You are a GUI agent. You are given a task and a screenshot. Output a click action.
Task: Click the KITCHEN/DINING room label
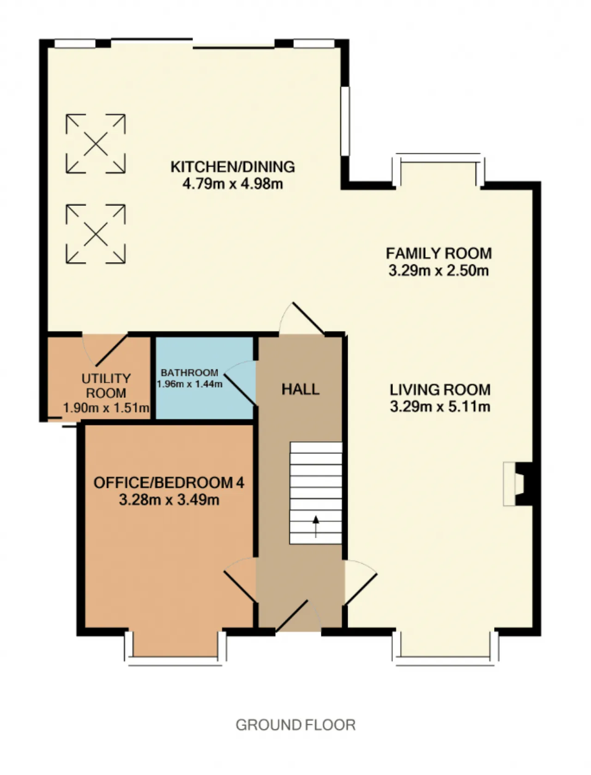[x=233, y=167]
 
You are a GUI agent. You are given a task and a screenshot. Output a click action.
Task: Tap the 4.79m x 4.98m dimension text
[x=233, y=184]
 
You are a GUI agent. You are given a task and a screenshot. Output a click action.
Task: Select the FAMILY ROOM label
[x=439, y=253]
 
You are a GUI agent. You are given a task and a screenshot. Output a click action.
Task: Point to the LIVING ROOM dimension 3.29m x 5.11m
[x=440, y=406]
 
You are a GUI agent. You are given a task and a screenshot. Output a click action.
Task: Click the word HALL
[x=301, y=389]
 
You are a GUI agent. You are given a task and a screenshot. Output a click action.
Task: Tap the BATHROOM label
[x=190, y=372]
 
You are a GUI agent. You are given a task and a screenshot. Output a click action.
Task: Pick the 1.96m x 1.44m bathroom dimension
[x=190, y=384]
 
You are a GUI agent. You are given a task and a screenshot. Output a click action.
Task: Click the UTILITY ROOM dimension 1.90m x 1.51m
[x=106, y=408]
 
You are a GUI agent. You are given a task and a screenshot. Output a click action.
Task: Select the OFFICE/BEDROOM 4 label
[x=169, y=483]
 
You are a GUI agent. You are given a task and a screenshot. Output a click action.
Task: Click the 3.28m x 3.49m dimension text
[x=169, y=499]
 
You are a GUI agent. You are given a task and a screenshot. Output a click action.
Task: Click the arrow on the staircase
[x=316, y=526]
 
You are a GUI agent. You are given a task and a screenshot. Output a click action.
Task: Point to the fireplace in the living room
[x=517, y=484]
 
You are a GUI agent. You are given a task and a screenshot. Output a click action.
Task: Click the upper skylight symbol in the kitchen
[x=96, y=144]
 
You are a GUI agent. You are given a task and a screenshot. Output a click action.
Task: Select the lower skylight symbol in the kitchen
[x=96, y=234]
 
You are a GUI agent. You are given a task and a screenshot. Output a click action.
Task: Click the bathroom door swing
[x=240, y=383]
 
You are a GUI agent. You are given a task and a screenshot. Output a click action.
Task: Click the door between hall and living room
[x=361, y=583]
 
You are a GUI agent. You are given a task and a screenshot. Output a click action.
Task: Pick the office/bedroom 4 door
[x=240, y=580]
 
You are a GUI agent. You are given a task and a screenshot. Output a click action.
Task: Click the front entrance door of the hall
[x=298, y=615]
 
